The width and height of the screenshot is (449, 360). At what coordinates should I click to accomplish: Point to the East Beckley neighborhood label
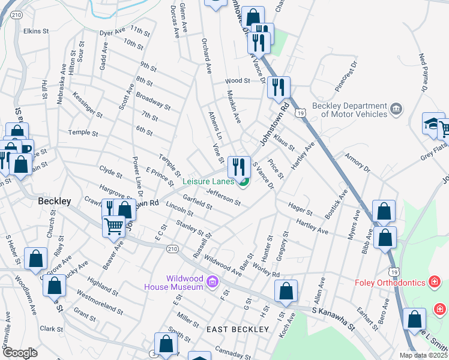[x=237, y=329]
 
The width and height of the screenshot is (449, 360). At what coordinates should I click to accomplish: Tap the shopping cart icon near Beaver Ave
[x=114, y=227]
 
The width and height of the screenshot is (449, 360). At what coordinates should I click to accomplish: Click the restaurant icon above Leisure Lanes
[x=239, y=166]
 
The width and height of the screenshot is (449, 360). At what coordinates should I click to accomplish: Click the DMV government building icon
[x=396, y=109]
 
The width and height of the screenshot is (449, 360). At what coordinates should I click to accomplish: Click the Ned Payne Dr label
[x=424, y=72]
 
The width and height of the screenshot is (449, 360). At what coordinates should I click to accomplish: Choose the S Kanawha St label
[x=334, y=311]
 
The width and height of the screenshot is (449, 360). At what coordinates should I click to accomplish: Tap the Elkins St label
[x=36, y=31]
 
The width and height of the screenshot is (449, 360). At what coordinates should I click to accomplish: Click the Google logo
[x=20, y=353]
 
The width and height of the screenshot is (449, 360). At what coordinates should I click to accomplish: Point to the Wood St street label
[x=237, y=80]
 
